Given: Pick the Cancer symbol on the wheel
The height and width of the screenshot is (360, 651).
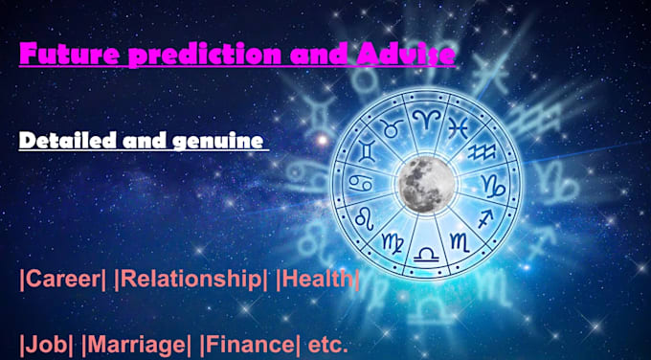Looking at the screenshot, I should point(360,182).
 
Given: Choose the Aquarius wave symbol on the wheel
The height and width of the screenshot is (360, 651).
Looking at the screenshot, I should point(482,150).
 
